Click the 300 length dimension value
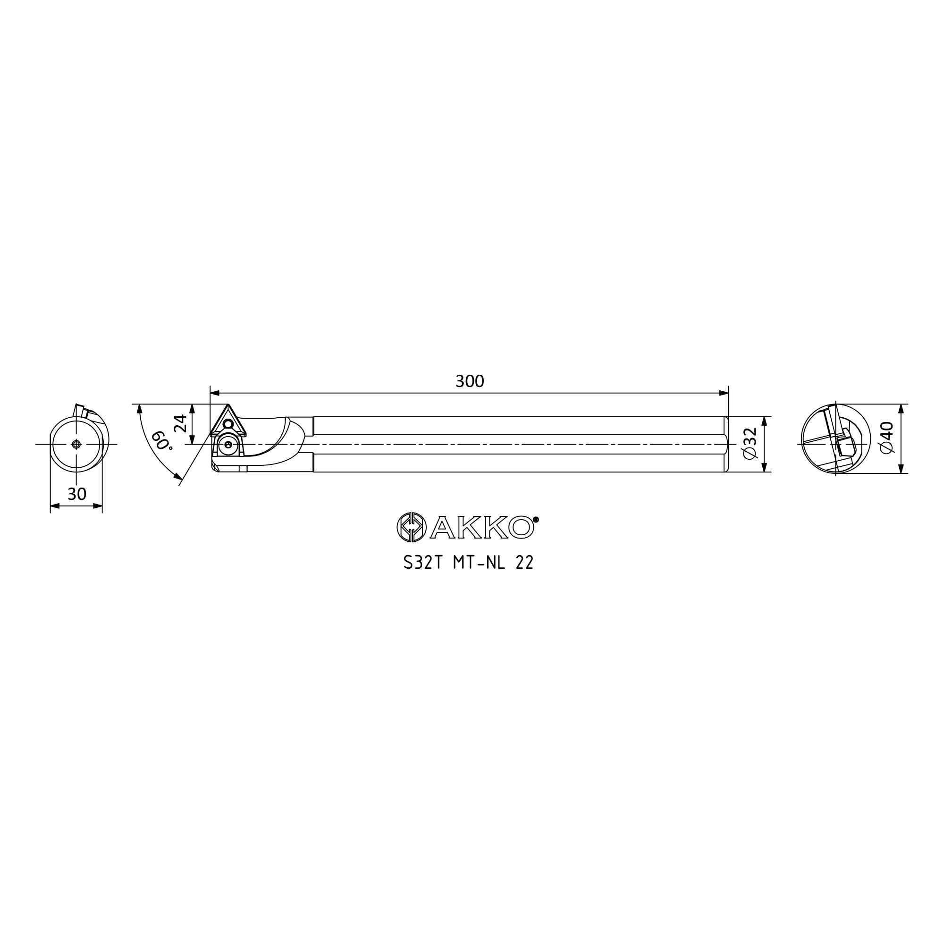tap(470, 381)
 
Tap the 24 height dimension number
tap(181, 422)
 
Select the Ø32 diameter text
tap(750, 443)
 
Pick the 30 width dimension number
tap(77, 495)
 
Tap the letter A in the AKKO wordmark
tap(443, 528)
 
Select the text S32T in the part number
tap(422, 563)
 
